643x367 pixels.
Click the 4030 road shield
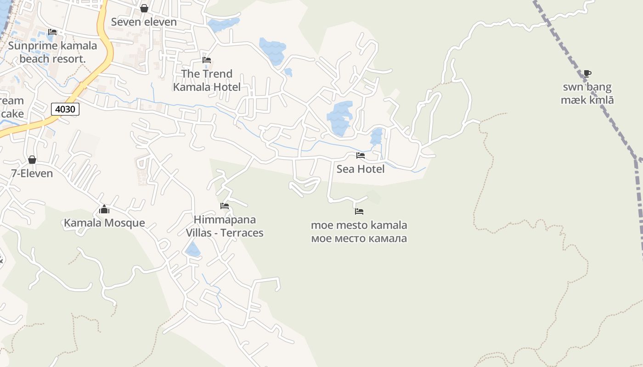65,109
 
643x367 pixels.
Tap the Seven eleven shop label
144,22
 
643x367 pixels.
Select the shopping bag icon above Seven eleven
144,8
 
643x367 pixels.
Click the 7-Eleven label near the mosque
32,173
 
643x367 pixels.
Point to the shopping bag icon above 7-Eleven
32,160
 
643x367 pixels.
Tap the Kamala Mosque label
104,223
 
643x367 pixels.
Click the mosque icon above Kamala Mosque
104,210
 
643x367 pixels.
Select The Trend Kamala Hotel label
207,80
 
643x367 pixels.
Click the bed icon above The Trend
207,60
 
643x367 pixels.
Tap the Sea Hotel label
361,169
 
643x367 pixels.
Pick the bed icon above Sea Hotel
361,156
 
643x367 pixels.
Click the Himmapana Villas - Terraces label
225,226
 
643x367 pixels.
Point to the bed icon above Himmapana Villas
225,206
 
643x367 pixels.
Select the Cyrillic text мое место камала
359,239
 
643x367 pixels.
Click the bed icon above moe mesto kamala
359,211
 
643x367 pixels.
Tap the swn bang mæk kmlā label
587,94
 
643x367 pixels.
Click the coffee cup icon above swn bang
587,73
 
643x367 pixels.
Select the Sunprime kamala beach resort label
52,52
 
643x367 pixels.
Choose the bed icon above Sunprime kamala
52,32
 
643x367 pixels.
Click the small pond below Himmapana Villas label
192,250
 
